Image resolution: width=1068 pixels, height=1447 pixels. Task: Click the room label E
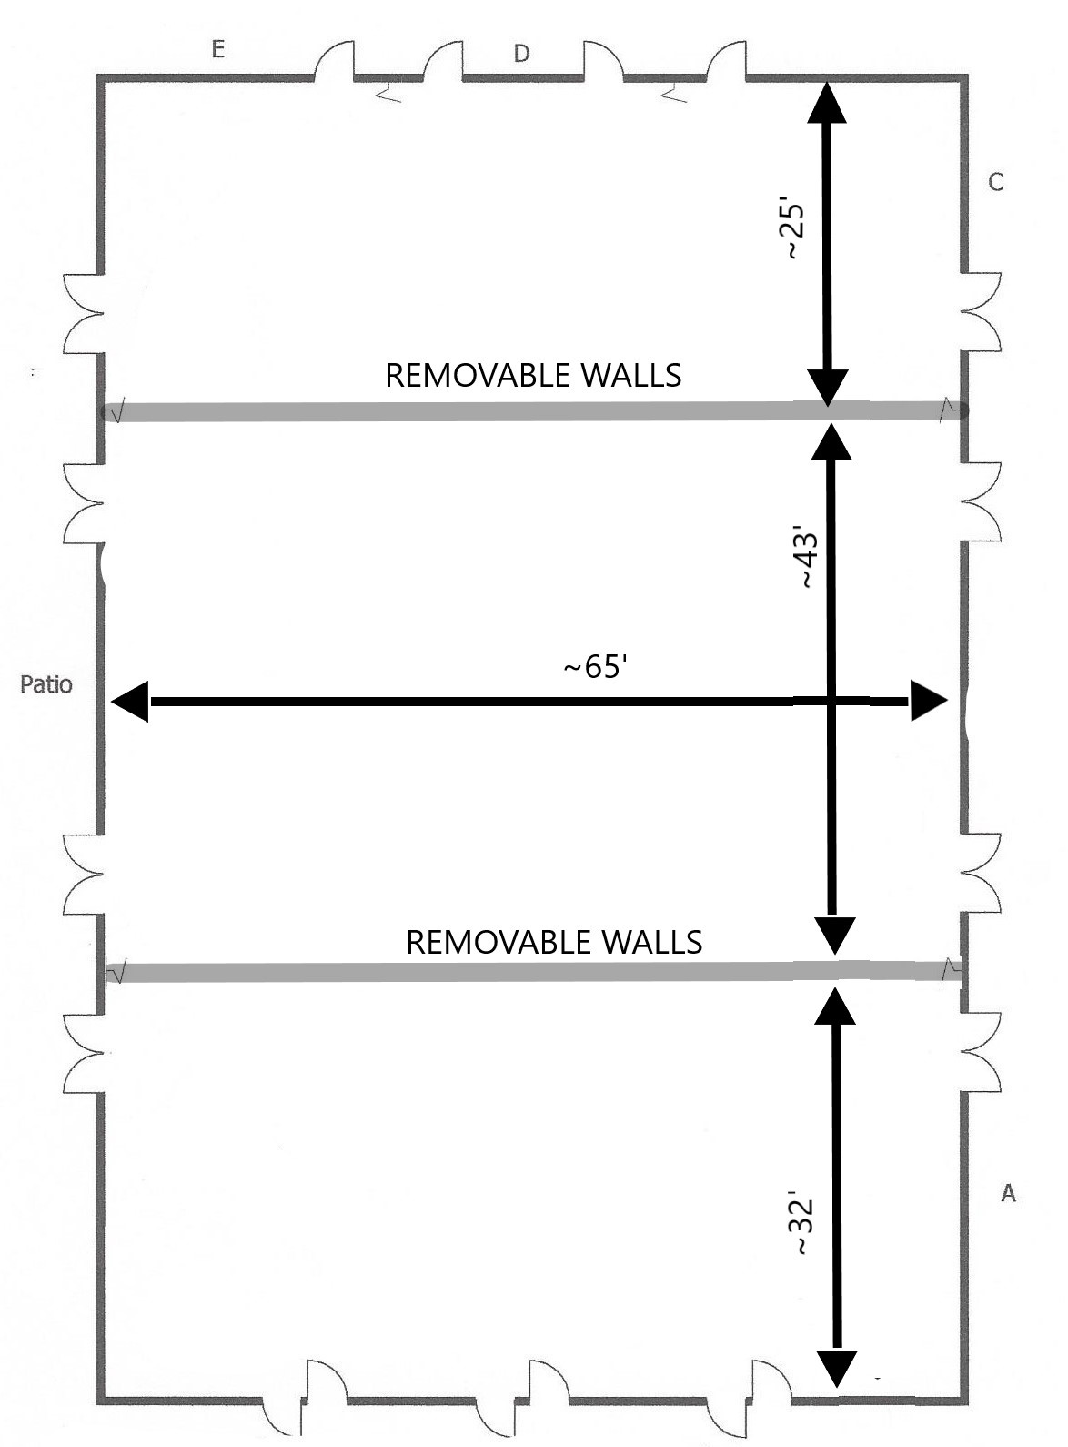click(x=217, y=49)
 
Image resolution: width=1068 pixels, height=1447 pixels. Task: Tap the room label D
click(x=521, y=54)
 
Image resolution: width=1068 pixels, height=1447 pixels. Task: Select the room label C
click(x=995, y=183)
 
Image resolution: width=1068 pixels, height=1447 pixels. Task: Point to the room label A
click(x=1007, y=1193)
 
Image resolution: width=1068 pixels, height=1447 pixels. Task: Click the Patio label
click(x=46, y=684)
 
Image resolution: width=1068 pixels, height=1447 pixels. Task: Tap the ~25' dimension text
click(x=795, y=231)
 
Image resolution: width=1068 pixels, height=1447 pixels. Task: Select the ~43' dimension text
click(x=809, y=557)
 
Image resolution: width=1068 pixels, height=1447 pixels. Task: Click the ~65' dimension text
click(x=596, y=667)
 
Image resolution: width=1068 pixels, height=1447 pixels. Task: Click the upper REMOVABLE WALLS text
click(x=533, y=376)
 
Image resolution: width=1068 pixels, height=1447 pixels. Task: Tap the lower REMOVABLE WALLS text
click(x=554, y=942)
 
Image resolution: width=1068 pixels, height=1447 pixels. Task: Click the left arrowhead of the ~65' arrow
click(x=130, y=702)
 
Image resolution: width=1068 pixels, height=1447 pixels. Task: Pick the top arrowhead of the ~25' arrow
click(x=826, y=102)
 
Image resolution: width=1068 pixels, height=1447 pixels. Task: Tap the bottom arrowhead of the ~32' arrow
click(x=837, y=1367)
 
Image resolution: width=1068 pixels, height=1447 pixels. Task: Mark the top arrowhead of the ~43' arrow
click(x=830, y=440)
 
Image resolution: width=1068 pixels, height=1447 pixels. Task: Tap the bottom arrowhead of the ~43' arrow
click(x=834, y=935)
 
